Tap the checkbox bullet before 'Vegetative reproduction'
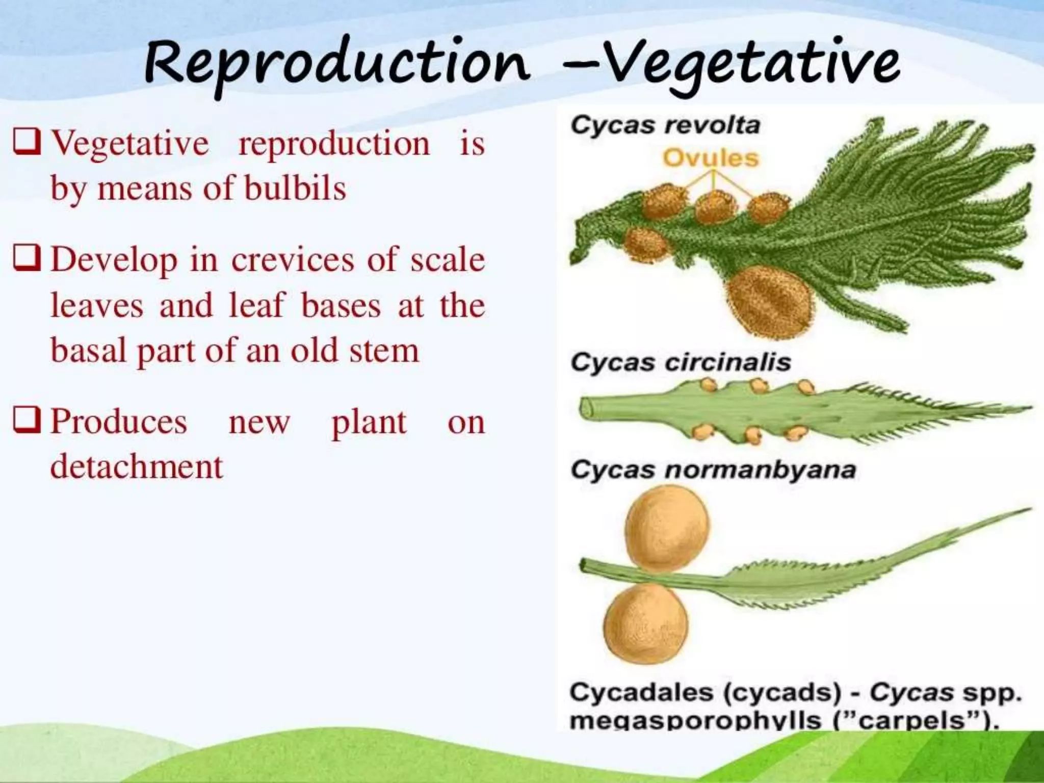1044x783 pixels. point(27,142)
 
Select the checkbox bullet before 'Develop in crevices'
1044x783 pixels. point(27,259)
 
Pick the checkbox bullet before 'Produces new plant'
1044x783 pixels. point(27,421)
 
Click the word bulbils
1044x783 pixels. point(295,188)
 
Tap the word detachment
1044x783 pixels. point(137,466)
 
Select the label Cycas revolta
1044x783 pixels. point(665,125)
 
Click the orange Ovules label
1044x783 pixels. point(711,159)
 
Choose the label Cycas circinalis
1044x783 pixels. point(681,362)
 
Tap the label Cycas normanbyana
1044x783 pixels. point(713,469)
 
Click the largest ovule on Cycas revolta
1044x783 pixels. point(770,301)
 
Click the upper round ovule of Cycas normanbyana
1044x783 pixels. point(667,528)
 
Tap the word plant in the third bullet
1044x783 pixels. point(369,422)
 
